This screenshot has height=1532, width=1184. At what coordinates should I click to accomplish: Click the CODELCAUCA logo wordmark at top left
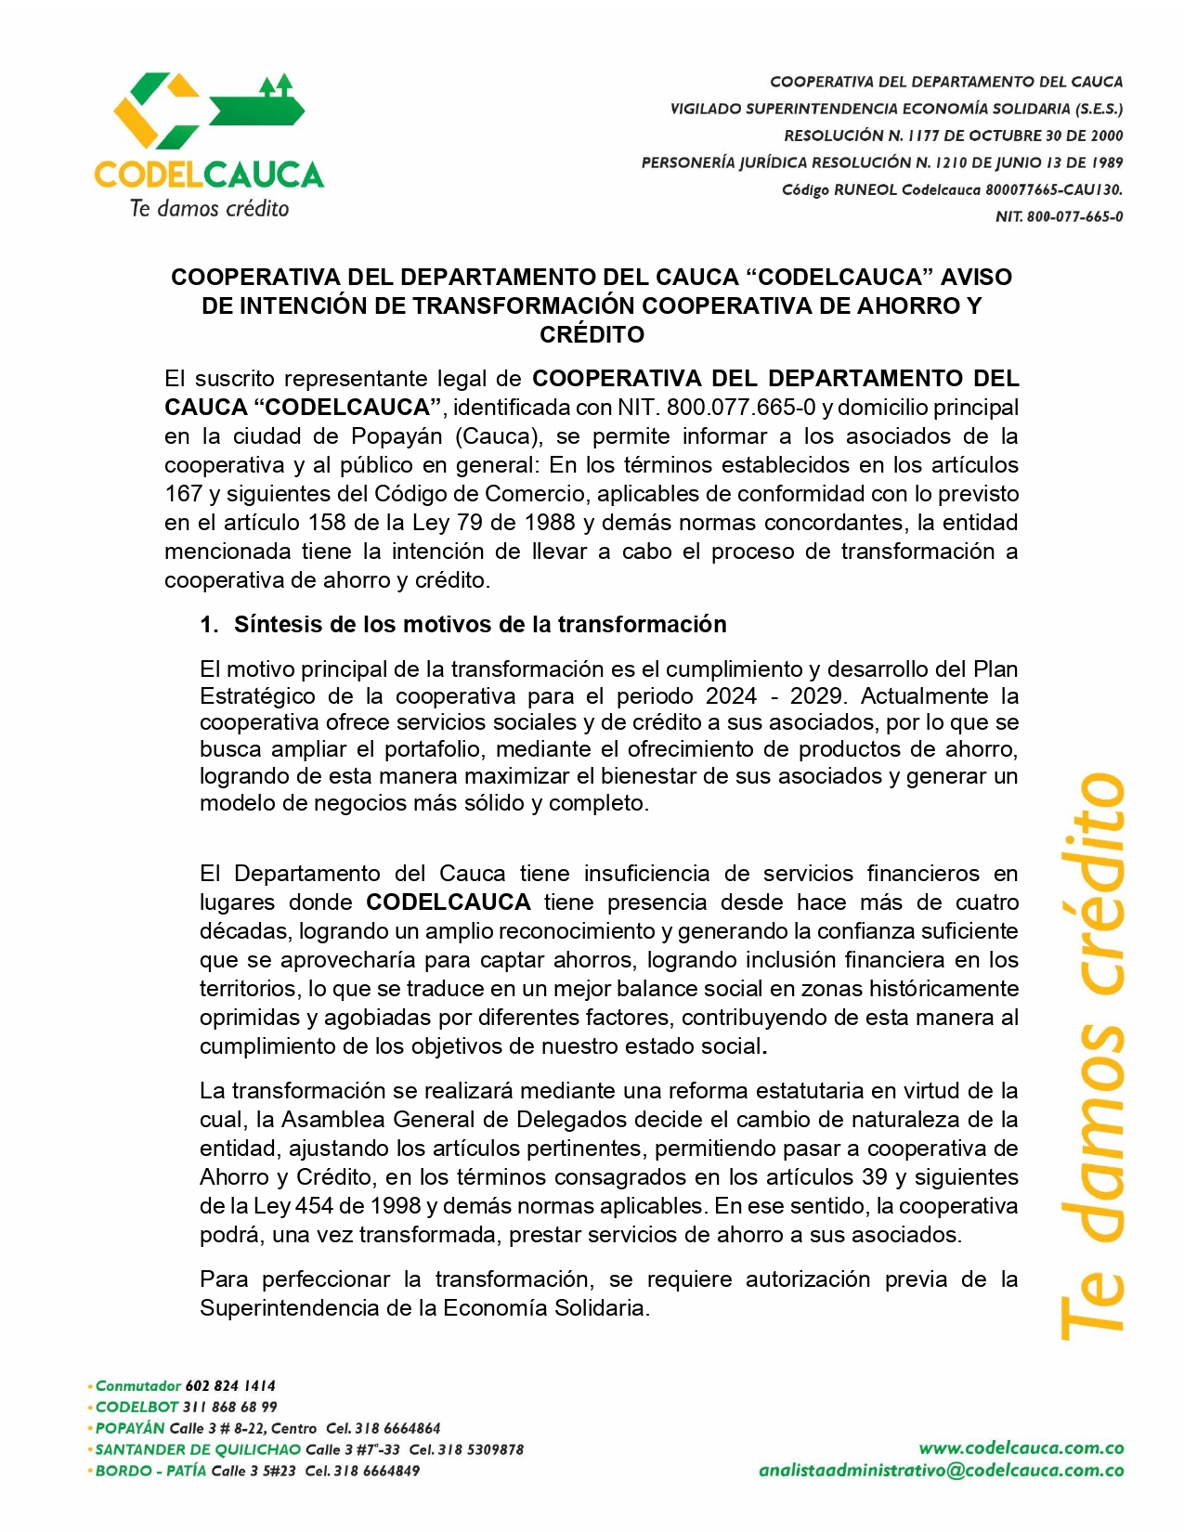pyautogui.click(x=209, y=174)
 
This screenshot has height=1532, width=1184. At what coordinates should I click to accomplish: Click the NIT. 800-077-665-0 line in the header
pyautogui.click(x=1059, y=216)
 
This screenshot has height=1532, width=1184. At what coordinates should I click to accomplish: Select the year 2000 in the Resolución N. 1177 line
pyautogui.click(x=1106, y=136)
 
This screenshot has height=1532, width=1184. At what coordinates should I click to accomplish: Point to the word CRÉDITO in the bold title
pyautogui.click(x=592, y=334)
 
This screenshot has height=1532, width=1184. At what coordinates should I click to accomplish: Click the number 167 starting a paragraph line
pyautogui.click(x=183, y=494)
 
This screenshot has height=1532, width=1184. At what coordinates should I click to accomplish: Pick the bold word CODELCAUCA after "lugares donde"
pyautogui.click(x=449, y=902)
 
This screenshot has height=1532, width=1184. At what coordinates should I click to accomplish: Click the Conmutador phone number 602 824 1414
pyautogui.click(x=230, y=1385)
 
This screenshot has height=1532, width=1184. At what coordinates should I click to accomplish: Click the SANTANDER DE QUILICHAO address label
pyautogui.click(x=198, y=1449)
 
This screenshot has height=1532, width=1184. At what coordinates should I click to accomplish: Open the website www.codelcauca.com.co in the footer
pyautogui.click(x=1021, y=1448)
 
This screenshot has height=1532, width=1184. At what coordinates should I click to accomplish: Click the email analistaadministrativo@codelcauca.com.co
pyautogui.click(x=941, y=1471)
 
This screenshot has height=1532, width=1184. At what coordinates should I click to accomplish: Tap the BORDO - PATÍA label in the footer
pyautogui.click(x=151, y=1471)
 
